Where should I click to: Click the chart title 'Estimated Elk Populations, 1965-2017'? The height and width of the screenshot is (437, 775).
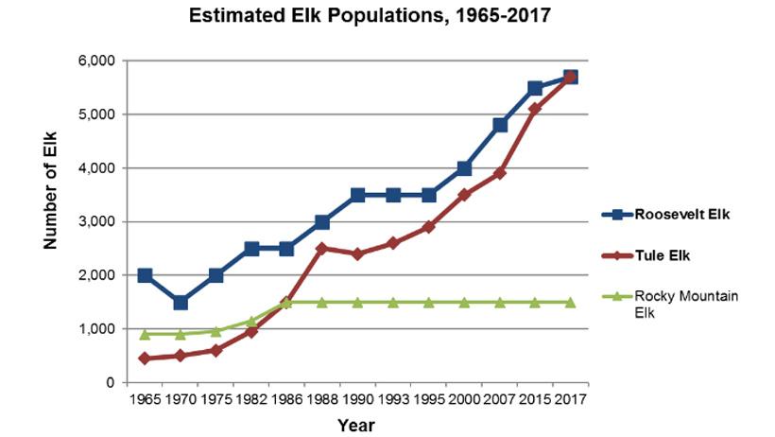tap(370, 16)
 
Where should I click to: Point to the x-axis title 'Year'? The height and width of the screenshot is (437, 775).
tap(356, 425)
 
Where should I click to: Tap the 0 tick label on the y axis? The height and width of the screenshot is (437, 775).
tap(111, 382)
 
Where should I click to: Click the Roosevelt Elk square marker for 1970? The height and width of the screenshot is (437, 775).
tap(180, 303)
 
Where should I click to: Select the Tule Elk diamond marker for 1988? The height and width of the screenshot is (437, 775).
tap(322, 249)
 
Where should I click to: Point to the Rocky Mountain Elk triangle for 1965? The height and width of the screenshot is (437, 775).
tap(145, 334)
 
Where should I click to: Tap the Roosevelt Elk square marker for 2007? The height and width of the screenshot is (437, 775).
tap(500, 125)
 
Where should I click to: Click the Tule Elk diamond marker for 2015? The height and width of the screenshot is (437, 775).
tap(535, 109)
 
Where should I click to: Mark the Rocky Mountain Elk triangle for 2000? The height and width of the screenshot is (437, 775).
tap(464, 302)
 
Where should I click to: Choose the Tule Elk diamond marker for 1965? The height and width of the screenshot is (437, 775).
tap(145, 358)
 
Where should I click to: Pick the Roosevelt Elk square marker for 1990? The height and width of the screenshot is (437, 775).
tap(357, 195)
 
